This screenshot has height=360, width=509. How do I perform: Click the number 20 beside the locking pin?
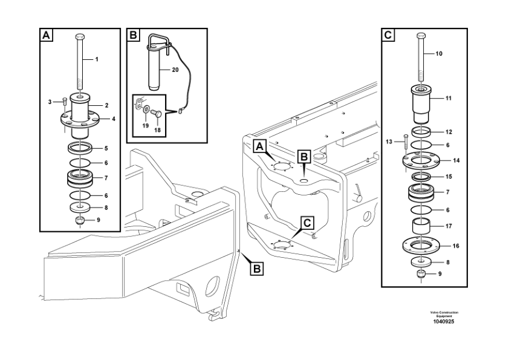175,70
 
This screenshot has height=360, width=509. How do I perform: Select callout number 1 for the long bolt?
96,59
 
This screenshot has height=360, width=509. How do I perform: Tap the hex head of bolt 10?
421,36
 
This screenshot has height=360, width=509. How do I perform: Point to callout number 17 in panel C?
449,226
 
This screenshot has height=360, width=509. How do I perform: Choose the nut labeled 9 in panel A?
80,220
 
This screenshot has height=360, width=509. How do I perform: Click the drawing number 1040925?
444,322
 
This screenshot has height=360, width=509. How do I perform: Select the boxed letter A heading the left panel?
47,34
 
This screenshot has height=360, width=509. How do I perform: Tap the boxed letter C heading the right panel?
388,34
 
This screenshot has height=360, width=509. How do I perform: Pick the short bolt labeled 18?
156,114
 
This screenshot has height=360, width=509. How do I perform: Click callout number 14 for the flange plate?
456,160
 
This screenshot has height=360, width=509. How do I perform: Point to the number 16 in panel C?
456,246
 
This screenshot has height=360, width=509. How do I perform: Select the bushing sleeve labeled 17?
421,226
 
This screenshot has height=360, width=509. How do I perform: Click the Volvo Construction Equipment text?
444,314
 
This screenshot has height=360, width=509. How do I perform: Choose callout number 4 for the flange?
114,119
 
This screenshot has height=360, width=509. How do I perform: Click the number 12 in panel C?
449,133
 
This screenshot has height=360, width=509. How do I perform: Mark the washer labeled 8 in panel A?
80,207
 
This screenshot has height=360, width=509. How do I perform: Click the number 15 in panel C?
449,177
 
